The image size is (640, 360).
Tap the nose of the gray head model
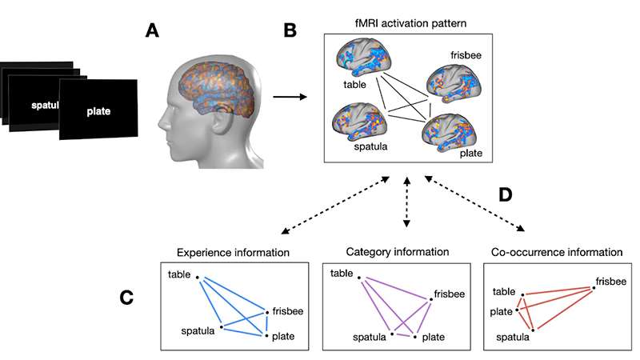point(160,126)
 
